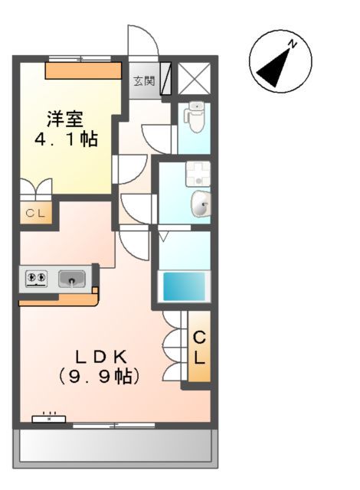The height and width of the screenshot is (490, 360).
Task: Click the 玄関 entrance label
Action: coord(143,80)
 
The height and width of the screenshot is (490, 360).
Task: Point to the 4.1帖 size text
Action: coord(65,140)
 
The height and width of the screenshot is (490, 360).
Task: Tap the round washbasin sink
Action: coord(199,204)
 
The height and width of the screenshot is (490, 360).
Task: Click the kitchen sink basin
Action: coord(73,279)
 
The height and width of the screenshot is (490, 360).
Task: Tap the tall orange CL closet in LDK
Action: coord(198,347)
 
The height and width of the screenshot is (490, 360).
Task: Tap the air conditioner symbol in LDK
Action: coord(50,418)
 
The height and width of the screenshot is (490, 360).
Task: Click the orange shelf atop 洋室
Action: coord(83,71)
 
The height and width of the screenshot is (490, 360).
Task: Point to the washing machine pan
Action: coord(197,175)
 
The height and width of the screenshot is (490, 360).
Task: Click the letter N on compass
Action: coord(293,44)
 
